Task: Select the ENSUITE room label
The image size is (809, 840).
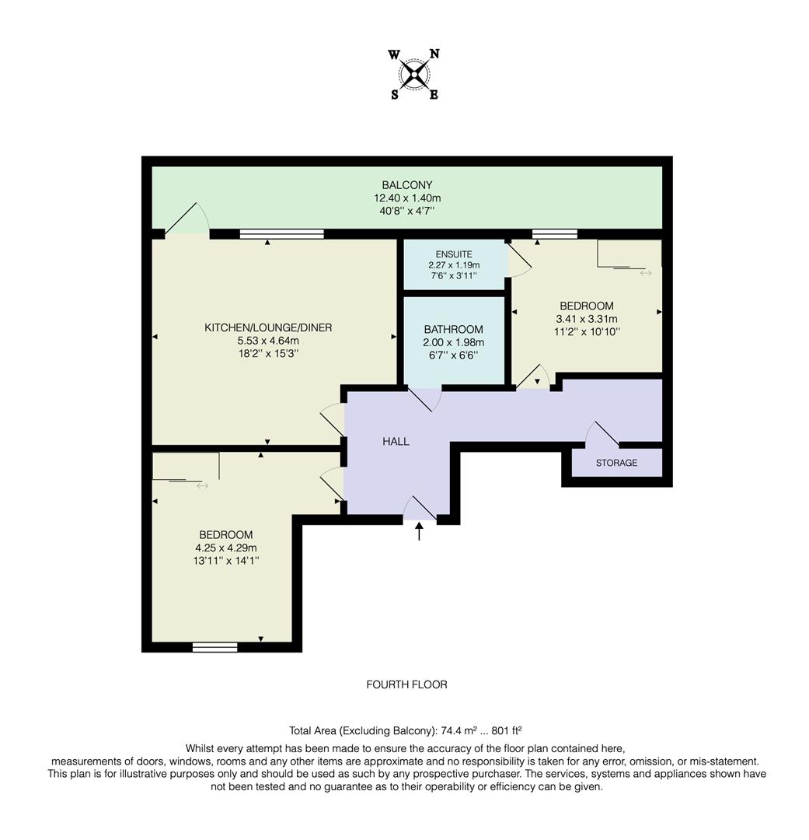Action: pyautogui.click(x=453, y=254)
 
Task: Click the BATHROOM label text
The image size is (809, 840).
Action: pyautogui.click(x=453, y=330)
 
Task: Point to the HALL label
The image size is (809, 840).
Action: pyautogui.click(x=396, y=442)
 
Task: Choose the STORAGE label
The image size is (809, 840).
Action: pyautogui.click(x=616, y=463)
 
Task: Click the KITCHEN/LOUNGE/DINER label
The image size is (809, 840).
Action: pyautogui.click(x=268, y=328)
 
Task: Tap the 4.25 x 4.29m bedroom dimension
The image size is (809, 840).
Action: pyautogui.click(x=225, y=548)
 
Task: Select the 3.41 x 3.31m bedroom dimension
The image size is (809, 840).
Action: pyautogui.click(x=586, y=319)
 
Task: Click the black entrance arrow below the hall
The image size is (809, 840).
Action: pyautogui.click(x=420, y=532)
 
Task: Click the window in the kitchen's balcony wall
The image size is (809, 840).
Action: pyautogui.click(x=282, y=233)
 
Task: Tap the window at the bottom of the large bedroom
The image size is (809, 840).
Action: pyautogui.click(x=215, y=646)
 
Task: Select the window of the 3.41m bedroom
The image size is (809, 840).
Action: pyautogui.click(x=555, y=233)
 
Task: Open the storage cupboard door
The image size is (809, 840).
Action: pyautogui.click(x=604, y=435)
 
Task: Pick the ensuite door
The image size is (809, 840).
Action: pyautogui.click(x=519, y=258)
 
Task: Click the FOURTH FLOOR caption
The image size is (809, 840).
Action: pyautogui.click(x=406, y=684)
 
